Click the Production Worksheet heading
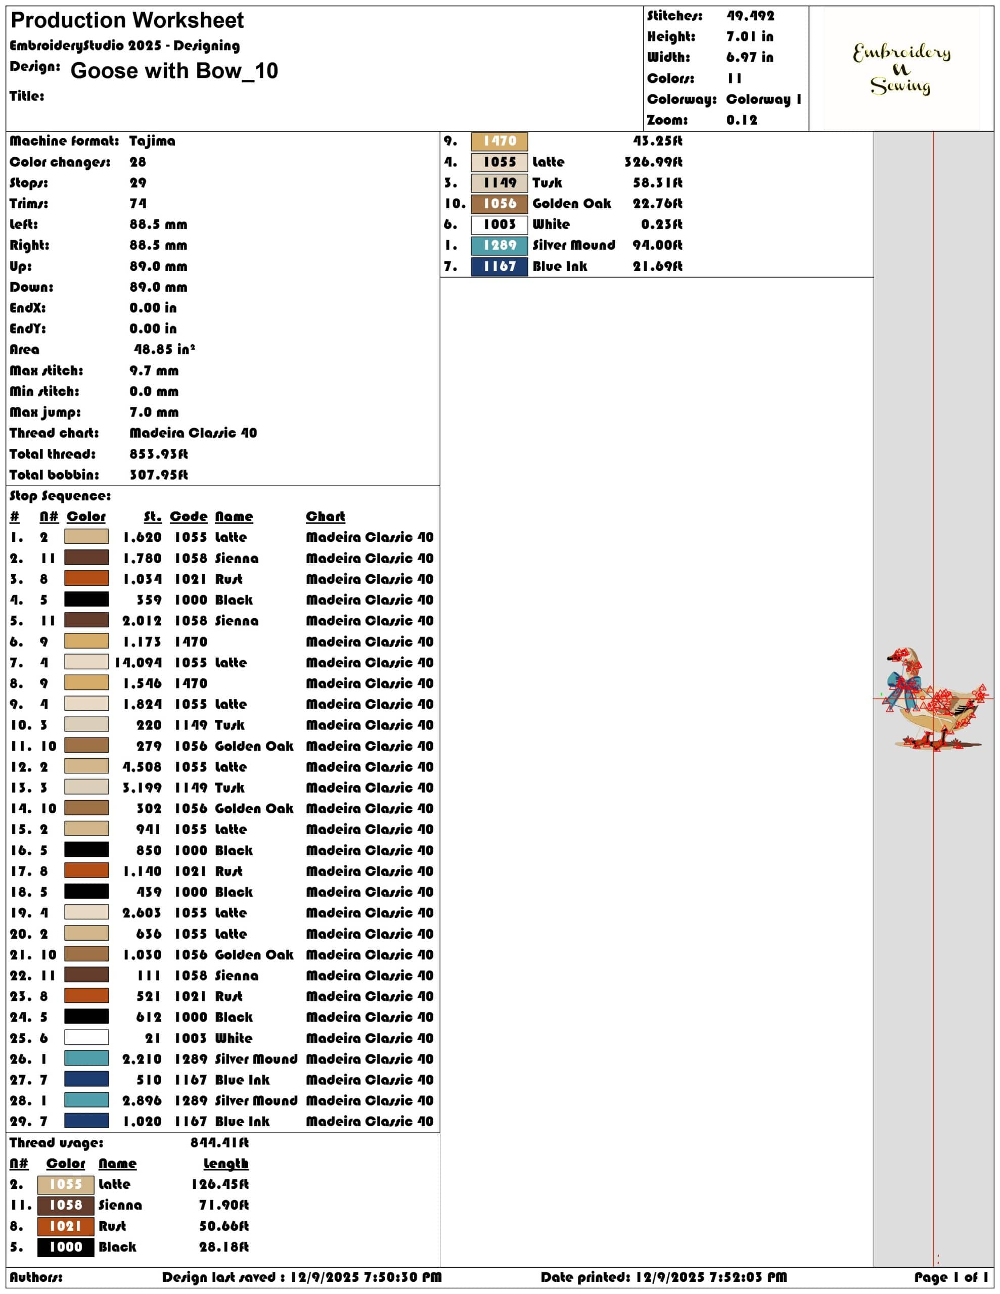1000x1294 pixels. pos(127,21)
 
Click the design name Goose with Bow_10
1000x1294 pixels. pos(174,70)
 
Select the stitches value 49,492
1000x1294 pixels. pos(750,16)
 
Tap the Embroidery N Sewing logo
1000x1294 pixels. pos(901,69)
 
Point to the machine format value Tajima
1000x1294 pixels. pos(152,141)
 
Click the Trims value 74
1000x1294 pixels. pos(138,204)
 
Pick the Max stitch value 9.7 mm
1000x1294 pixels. pos(154,371)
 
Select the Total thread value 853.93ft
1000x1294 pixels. pos(159,454)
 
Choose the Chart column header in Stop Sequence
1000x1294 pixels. pos(326,517)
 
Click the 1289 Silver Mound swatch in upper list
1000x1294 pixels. pos(499,246)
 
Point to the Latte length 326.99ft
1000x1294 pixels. pos(653,162)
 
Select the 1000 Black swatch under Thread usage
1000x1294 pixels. pos(66,1247)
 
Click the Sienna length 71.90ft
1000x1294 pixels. pos(223,1205)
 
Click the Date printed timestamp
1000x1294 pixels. pos(664,1277)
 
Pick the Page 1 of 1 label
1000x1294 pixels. pos(951,1277)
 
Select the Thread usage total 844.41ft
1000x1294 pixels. pos(219,1142)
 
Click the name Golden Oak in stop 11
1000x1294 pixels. pos(254,747)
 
